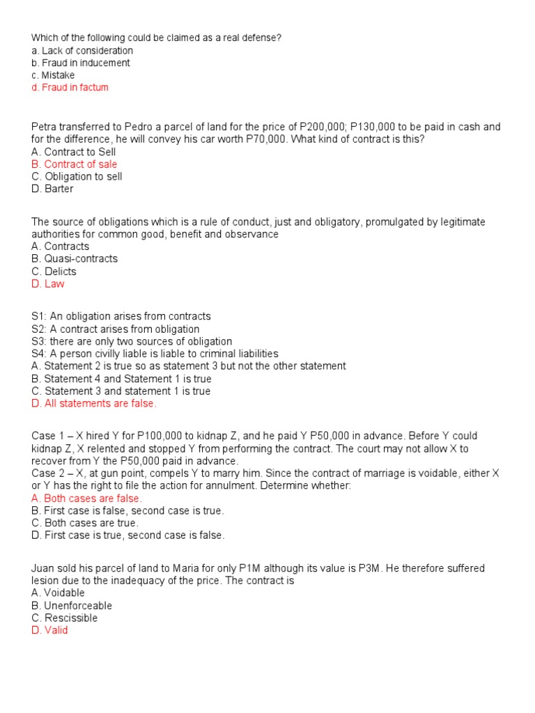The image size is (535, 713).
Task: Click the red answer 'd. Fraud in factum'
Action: [x=70, y=88]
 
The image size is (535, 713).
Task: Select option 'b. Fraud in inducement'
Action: [x=80, y=63]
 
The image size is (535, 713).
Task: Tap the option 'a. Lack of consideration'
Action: [x=82, y=51]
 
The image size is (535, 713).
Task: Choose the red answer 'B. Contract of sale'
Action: [x=74, y=164]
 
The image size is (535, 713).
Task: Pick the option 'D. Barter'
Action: [x=52, y=189]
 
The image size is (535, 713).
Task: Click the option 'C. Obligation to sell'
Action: [x=77, y=177]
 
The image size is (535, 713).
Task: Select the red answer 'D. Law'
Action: [x=48, y=284]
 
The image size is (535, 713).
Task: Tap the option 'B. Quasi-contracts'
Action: [x=75, y=259]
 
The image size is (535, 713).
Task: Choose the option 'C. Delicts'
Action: [x=54, y=272]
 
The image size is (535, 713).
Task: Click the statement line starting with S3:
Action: [x=132, y=341]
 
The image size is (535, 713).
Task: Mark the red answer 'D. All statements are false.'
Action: [x=94, y=404]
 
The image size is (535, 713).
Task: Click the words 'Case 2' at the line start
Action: [x=47, y=473]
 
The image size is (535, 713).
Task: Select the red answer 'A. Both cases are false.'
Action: [x=86, y=499]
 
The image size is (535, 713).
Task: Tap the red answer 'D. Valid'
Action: [x=49, y=631]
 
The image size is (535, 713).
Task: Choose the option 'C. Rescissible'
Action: [x=65, y=618]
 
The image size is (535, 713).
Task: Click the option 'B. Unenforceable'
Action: [x=72, y=606]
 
